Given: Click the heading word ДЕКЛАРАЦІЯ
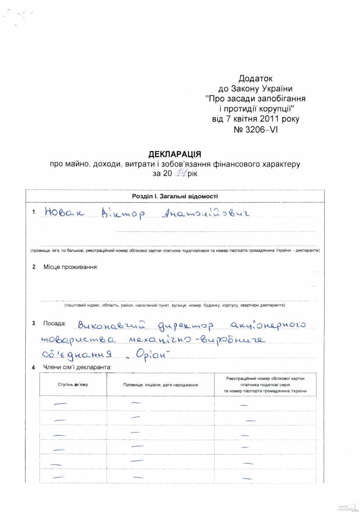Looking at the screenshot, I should [x=174, y=154].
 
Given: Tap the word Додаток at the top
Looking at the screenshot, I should [x=256, y=78].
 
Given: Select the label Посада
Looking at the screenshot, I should [x=55, y=324].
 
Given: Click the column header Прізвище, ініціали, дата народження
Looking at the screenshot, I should [x=160, y=384].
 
